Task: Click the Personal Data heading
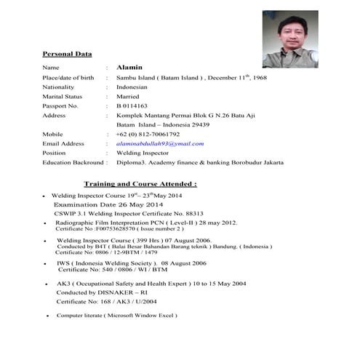(x=67, y=54)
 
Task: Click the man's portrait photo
(x=289, y=39)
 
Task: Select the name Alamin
(x=127, y=67)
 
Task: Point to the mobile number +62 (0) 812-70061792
(x=148, y=135)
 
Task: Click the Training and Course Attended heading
(x=140, y=184)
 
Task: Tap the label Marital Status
(x=63, y=96)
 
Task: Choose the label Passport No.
(x=60, y=105)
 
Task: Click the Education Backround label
(x=73, y=163)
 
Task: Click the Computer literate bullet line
(x=116, y=316)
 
